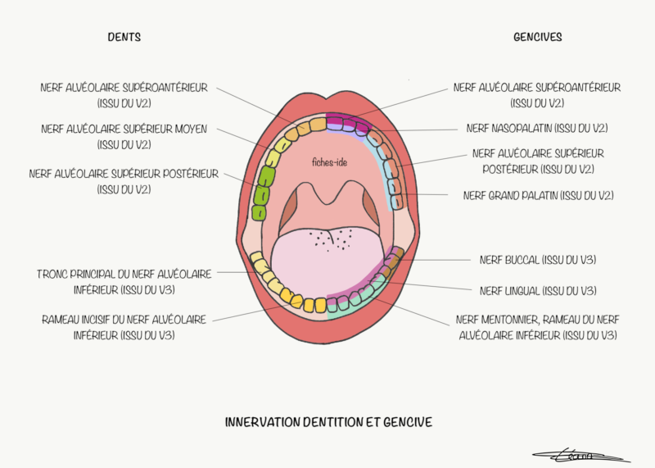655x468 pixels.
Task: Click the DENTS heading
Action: (124, 37)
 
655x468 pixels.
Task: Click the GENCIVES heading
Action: (537, 37)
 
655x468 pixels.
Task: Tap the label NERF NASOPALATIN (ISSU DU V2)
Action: (537, 129)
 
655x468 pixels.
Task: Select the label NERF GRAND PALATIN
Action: (538, 195)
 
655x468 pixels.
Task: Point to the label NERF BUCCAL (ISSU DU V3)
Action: (537, 260)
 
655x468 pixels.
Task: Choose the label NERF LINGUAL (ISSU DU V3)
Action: (537, 290)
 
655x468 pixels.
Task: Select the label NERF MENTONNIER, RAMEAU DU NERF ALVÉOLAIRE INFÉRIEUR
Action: (537, 327)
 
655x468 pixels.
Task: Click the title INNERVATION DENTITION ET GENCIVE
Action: (328, 422)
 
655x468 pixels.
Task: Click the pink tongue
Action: (327, 262)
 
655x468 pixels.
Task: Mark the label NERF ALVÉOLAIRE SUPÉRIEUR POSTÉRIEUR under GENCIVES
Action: (538, 161)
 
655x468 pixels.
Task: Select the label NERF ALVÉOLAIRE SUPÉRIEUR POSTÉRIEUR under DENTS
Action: (124, 181)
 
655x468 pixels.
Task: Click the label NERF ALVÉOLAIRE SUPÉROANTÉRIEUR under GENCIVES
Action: (537, 94)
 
